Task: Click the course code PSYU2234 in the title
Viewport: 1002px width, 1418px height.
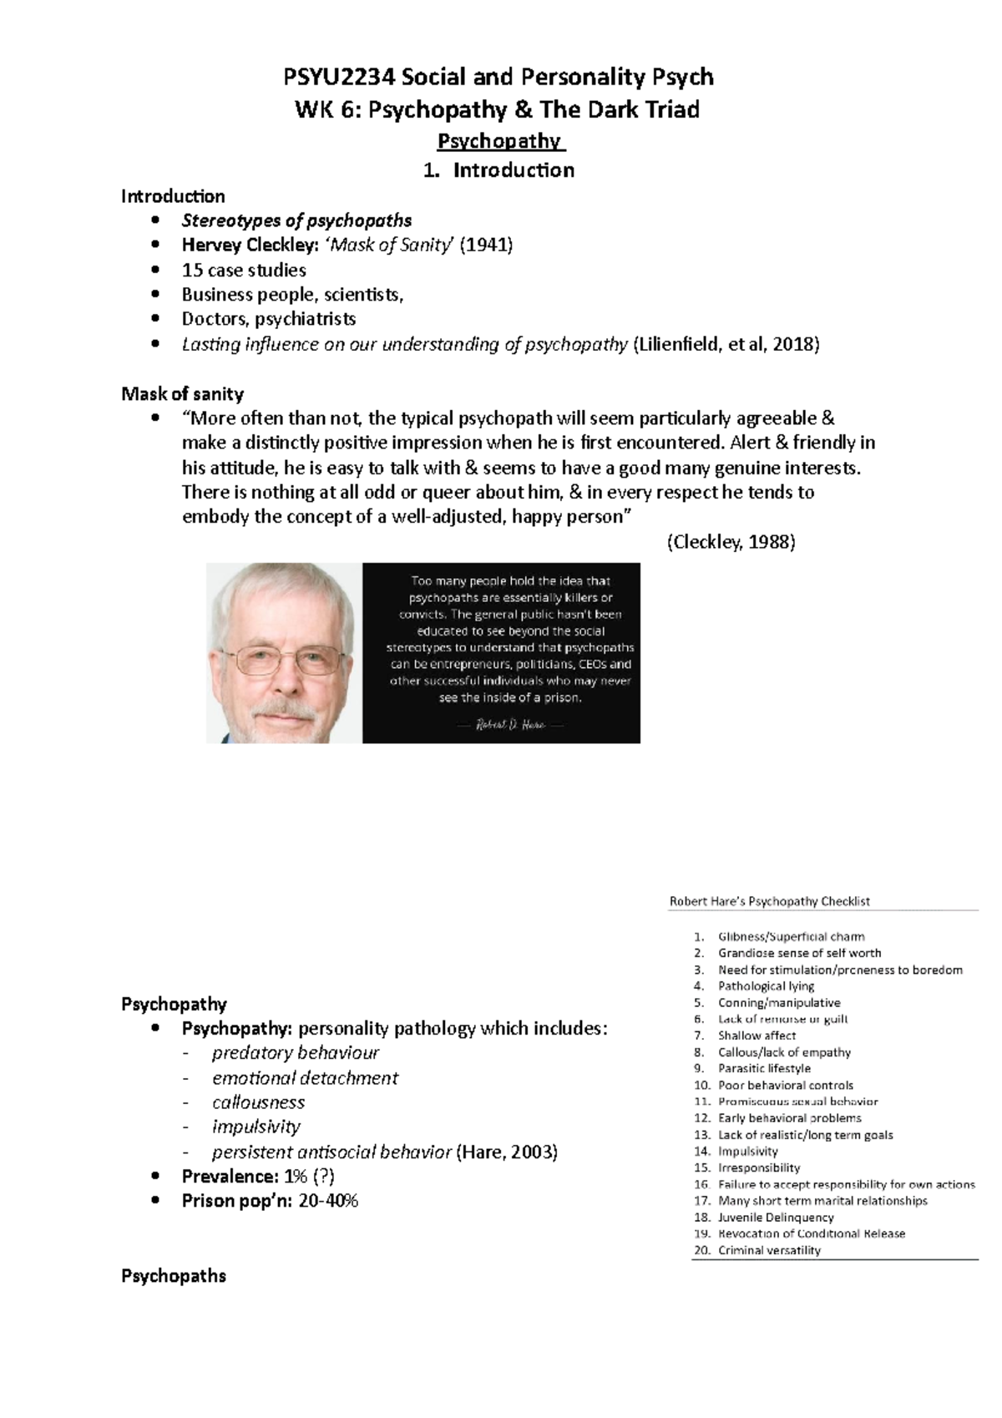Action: pos(337,78)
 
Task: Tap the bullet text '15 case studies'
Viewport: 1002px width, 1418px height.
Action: pos(244,270)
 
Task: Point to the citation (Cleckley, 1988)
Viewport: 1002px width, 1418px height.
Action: pos(731,542)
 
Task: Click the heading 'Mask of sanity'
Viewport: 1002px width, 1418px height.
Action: pos(182,393)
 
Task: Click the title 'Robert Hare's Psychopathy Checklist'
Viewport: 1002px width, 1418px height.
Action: pos(769,901)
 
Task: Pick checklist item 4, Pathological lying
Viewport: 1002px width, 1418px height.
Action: pos(766,986)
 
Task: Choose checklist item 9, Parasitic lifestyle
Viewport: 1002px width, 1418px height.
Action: pos(764,1069)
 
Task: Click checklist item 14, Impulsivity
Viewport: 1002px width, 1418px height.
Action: pos(747,1152)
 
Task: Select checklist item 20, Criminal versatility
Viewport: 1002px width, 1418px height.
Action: pos(769,1250)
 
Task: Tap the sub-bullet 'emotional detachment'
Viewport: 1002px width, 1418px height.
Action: pos(305,1078)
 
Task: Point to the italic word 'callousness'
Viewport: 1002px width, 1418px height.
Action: pos(258,1102)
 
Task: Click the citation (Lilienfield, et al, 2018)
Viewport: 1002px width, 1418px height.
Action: pos(726,344)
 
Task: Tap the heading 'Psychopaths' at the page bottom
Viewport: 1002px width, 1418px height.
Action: pos(174,1276)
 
